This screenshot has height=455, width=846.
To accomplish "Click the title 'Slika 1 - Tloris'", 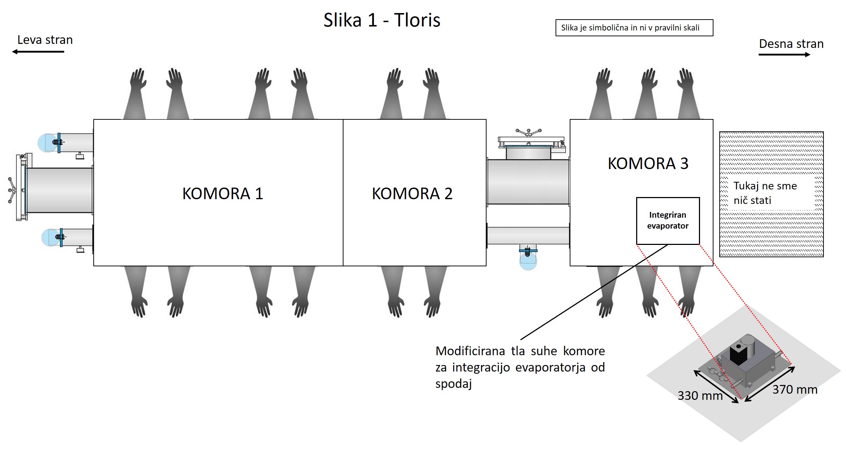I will coord(382,20).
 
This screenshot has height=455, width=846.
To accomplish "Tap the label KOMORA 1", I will coord(222,194).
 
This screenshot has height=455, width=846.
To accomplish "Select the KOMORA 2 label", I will coord(412,194).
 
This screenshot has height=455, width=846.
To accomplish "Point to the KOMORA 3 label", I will coord(648,164).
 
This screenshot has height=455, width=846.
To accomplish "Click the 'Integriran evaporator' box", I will coord(668,221).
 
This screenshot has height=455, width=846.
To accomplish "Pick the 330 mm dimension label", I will coord(700,395).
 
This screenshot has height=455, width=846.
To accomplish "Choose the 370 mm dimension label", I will coord(794,390).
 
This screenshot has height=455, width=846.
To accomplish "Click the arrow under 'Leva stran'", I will coord(38,52).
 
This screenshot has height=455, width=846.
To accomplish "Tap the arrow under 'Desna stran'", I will coord(784,55).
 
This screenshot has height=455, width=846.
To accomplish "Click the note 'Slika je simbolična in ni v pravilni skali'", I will coord(634,28).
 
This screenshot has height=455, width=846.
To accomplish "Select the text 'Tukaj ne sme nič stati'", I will coord(765,193).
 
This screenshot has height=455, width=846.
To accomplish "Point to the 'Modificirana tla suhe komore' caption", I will coord(520,367).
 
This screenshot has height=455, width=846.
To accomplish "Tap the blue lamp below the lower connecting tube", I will coord(528,261).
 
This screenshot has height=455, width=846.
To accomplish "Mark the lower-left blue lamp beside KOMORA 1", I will coord(50,237).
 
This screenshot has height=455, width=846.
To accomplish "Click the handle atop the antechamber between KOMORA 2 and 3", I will coord(528,132).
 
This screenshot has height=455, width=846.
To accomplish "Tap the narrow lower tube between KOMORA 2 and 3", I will coord(528,236).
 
